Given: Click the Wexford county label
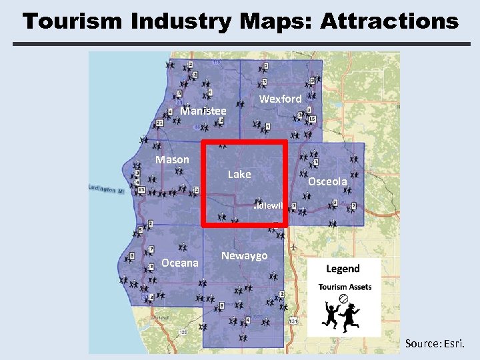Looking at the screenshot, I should [280, 99].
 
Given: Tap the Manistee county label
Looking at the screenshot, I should [203, 111].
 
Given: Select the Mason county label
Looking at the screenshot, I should [172, 159].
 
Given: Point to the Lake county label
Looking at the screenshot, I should [239, 174].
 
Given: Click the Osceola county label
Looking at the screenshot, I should [327, 181].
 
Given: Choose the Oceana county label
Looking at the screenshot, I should [180, 263].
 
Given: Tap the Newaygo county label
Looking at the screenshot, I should [244, 256].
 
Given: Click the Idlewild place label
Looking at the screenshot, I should [270, 206].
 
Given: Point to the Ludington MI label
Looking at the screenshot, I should [107, 190].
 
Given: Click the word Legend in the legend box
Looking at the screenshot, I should [343, 269].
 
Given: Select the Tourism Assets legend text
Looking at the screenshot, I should [345, 287].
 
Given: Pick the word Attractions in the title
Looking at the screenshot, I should [389, 21].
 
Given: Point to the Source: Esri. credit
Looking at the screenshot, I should [438, 343].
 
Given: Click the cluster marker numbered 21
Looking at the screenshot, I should [160, 123].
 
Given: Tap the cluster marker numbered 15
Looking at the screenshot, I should [312, 119].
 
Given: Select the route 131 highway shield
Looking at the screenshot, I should [293, 321].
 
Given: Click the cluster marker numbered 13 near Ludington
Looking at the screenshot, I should [141, 190].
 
